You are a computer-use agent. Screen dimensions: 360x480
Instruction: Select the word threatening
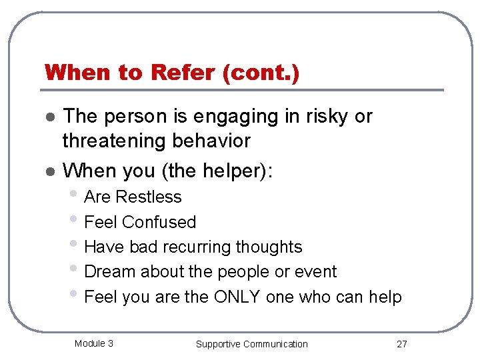115,141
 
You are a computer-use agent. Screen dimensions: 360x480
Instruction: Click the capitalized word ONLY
237,297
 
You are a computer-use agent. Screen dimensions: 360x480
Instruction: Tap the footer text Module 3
93,343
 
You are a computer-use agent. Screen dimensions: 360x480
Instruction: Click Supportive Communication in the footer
251,344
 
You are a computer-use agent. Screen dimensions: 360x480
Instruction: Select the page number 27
401,344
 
